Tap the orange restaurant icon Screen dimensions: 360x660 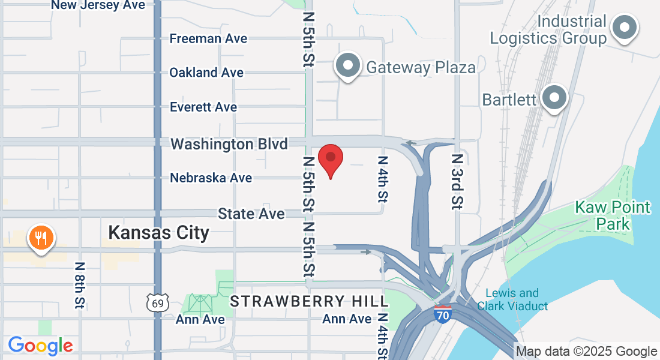pyautogui.click(x=41, y=238)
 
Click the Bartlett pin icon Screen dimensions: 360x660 pyautogui.click(x=554, y=97)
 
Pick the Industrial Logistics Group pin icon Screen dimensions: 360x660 pyautogui.click(x=625, y=28)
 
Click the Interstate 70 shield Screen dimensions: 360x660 pyautogui.click(x=443, y=314)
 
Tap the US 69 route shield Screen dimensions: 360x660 pyautogui.click(x=157, y=303)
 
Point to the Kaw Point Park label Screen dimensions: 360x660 pyautogui.click(x=604, y=216)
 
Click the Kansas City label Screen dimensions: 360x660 pyautogui.click(x=159, y=233)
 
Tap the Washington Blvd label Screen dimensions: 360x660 pyautogui.click(x=229, y=144)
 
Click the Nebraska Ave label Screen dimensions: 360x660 pyautogui.click(x=211, y=178)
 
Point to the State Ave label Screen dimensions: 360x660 pyautogui.click(x=251, y=214)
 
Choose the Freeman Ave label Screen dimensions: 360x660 pyautogui.click(x=208, y=38)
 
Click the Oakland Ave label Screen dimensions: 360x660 pyautogui.click(x=206, y=73)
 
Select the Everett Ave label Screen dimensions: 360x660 pyautogui.click(x=203, y=107)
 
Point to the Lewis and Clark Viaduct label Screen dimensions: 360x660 pyautogui.click(x=512, y=299)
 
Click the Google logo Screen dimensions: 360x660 pyautogui.click(x=41, y=346)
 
